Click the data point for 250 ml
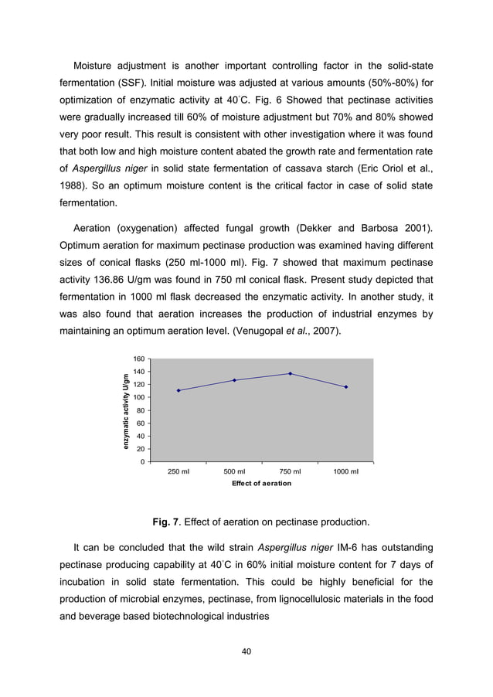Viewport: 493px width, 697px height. coord(178,390)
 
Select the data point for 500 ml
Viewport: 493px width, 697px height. coord(234,380)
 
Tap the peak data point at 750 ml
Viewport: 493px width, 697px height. coord(290,373)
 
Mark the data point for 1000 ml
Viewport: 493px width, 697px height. coord(345,387)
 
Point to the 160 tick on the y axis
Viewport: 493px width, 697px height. coord(139,359)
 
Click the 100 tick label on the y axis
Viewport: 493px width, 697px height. coord(139,398)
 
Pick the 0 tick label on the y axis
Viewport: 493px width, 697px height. coord(143,462)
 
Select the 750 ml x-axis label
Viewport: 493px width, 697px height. coord(290,472)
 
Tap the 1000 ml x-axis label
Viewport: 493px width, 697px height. coord(345,472)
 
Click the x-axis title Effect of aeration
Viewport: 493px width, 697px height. coord(262,484)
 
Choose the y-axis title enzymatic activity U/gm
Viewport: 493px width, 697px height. coord(124,411)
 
